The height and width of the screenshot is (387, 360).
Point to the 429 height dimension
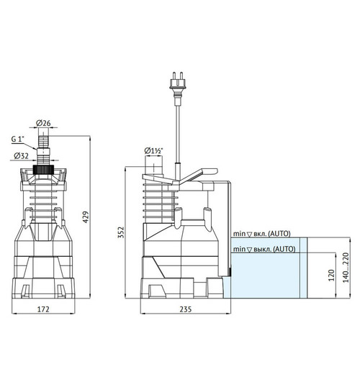pos(86,217)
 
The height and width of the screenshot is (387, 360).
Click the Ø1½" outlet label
pos(153,150)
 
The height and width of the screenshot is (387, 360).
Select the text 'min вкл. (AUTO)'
pos(263,234)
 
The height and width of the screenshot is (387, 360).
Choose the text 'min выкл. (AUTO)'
pos(264,249)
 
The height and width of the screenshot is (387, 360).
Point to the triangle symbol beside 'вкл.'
pos(248,234)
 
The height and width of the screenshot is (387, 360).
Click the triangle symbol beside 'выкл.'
pos(248,249)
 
